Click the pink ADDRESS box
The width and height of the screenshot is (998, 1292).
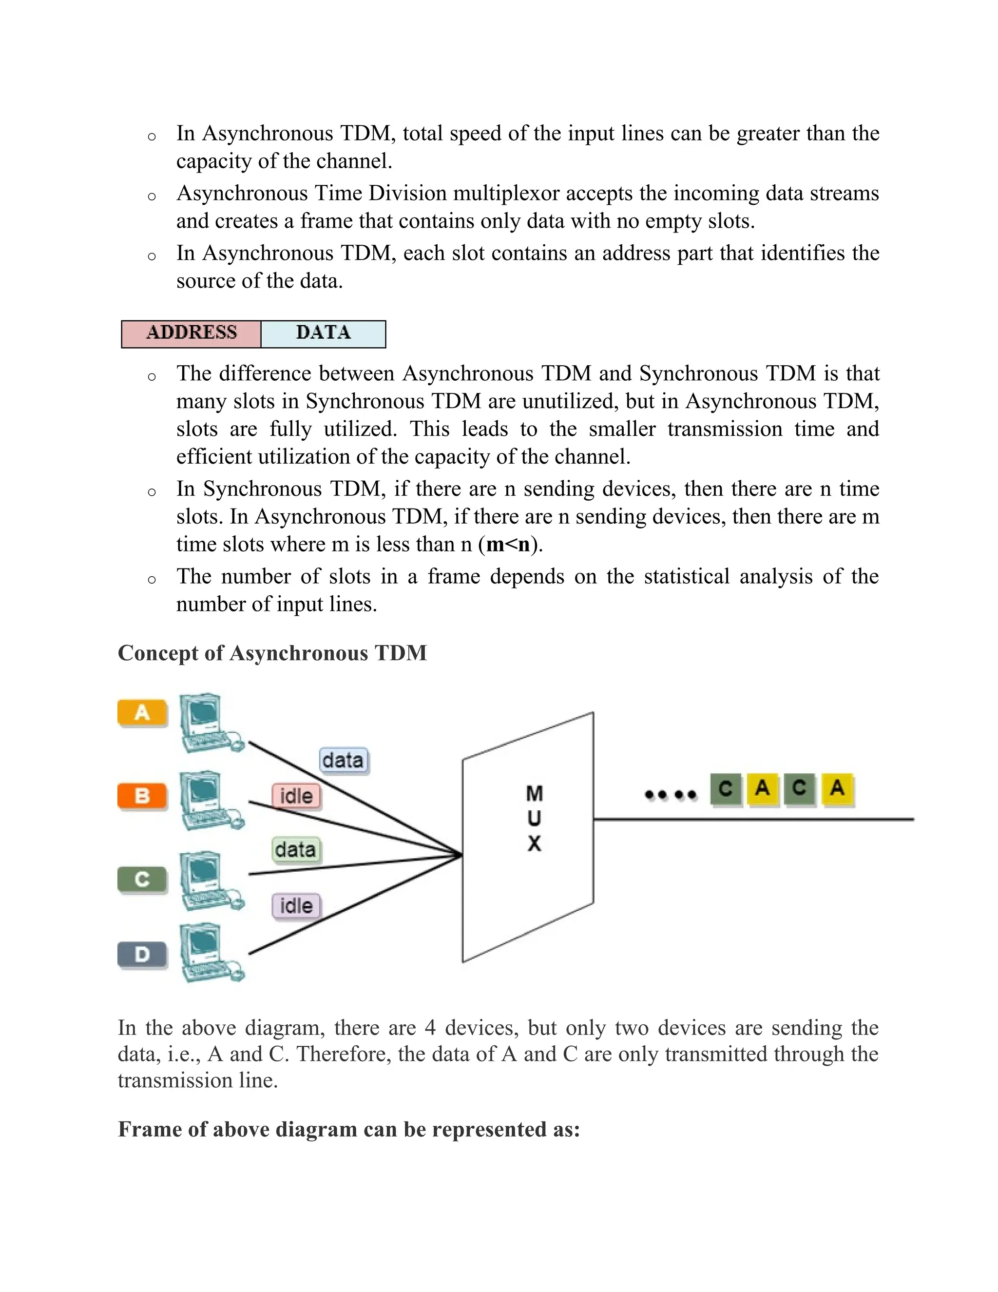pos(191,333)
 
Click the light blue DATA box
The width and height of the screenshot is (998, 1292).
pos(323,333)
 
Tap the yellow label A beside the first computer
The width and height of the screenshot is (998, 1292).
pos(142,712)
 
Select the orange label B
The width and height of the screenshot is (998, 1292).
pos(142,795)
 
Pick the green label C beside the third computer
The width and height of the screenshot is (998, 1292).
pos(142,880)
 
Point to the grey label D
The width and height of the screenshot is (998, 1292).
pos(142,954)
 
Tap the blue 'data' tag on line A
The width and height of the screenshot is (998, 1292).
pos(343,760)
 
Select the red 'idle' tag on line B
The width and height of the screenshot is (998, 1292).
pos(296,796)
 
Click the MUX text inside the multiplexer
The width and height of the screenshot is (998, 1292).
pos(534,818)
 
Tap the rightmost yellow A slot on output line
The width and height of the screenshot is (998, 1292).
pos(837,788)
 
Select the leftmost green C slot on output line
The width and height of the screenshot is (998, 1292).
pos(726,788)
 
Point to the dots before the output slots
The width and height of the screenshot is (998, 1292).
pos(670,795)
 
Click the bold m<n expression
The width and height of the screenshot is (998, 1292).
pos(507,544)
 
